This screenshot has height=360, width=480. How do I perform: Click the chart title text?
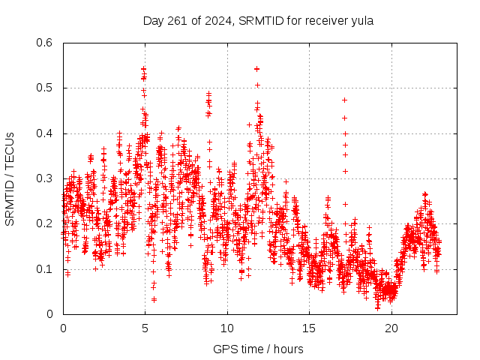(x=258, y=21)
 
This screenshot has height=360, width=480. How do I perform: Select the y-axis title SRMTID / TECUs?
(x=10, y=178)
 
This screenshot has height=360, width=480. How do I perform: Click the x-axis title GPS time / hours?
(x=258, y=349)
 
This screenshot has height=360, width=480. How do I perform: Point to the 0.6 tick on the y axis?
(x=45, y=43)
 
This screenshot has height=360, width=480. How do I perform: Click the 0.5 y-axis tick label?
(x=45, y=88)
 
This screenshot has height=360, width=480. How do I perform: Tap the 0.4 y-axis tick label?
(x=45, y=133)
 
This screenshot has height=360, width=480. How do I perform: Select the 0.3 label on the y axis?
(x=45, y=178)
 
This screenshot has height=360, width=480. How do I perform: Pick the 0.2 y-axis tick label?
(x=45, y=223)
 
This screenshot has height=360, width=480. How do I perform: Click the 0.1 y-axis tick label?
(x=45, y=269)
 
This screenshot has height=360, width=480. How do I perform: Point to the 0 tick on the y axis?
(x=50, y=314)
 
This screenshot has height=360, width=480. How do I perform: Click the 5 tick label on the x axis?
(x=145, y=328)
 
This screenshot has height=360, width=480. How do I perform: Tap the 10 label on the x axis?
(x=227, y=328)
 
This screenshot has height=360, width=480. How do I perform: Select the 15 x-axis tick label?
(x=309, y=328)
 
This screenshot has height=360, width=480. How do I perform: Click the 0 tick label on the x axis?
(x=63, y=328)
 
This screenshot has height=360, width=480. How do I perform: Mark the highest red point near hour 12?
(x=256, y=68)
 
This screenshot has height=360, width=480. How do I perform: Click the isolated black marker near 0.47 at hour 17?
(x=345, y=100)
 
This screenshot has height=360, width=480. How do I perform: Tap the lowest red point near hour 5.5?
(x=154, y=299)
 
